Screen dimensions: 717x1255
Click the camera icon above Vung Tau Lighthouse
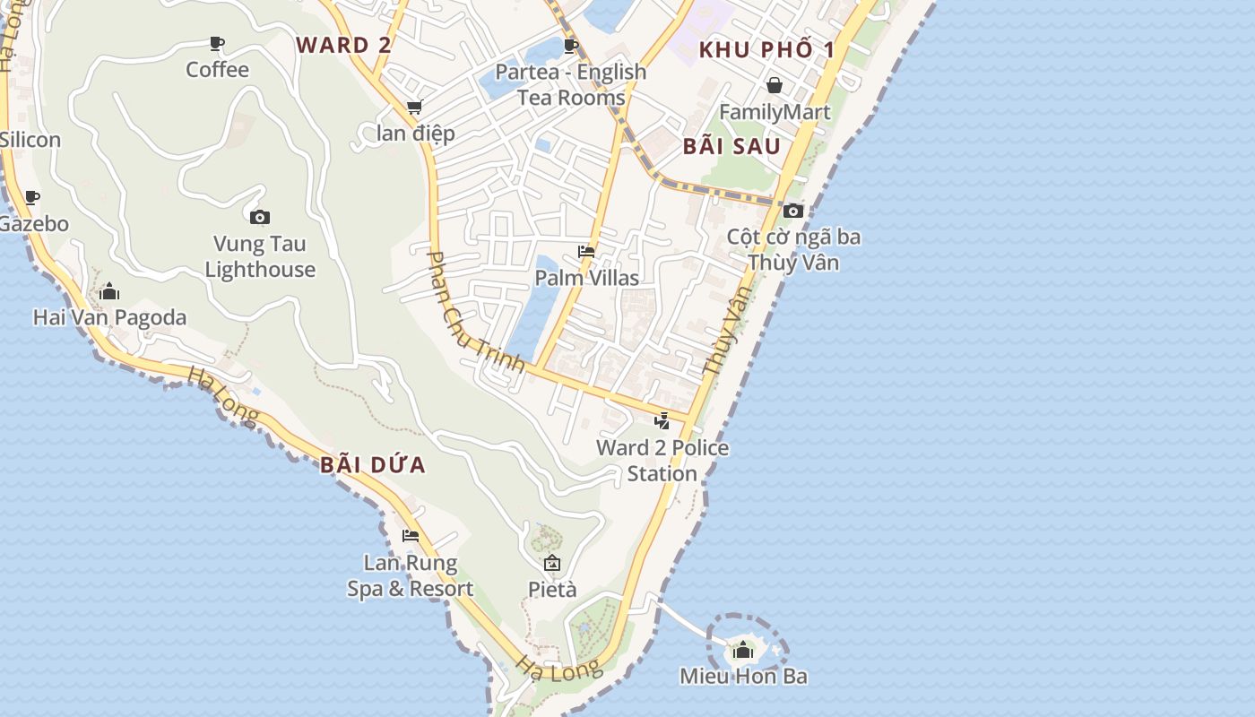coord(260,217)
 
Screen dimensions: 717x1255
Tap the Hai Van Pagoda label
coord(109,317)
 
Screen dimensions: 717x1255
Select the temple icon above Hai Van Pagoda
coord(109,291)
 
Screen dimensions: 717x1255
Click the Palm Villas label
coord(587,278)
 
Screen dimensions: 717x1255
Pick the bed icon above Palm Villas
coord(586,252)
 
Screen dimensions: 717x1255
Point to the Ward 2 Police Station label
coord(662,461)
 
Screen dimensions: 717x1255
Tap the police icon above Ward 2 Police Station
coord(662,420)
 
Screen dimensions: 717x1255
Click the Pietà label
coord(552,589)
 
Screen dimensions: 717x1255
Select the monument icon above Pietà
coord(552,563)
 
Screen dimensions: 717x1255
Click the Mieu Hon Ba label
coord(743,676)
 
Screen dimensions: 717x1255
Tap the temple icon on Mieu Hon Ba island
coord(743,650)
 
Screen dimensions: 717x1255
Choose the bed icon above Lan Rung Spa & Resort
coord(411,536)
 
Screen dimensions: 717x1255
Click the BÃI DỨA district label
coord(373,465)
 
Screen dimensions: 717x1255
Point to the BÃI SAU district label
coord(731,147)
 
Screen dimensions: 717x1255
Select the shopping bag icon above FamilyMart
coord(775,85)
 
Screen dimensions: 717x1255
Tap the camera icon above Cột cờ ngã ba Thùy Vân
coord(793,211)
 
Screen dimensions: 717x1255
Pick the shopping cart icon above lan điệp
coord(414,108)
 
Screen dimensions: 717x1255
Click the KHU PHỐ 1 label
coord(766,49)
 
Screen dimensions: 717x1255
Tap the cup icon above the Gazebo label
coord(32,197)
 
